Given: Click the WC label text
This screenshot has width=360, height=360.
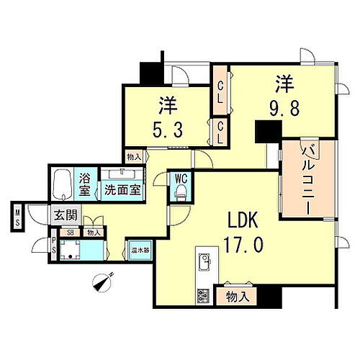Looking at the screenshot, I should click(x=181, y=177).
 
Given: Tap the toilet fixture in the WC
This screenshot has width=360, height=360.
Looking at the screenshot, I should click(x=181, y=192).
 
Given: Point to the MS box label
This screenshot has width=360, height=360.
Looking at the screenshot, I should click(x=17, y=217).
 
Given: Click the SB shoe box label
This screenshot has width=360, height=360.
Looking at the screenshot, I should click(x=70, y=233).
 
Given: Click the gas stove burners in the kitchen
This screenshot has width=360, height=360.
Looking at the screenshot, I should click(x=202, y=294).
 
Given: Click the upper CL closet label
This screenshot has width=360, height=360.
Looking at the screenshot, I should click(x=220, y=93).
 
